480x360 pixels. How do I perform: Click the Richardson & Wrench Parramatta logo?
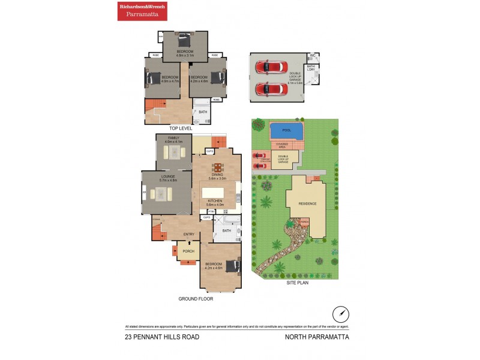(x=142, y=11)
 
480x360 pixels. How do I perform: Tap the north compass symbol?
(x=340, y=314)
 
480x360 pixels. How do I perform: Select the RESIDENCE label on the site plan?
(x=307, y=203)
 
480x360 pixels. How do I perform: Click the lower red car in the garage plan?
(x=271, y=89)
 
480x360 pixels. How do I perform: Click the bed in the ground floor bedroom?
(x=229, y=265)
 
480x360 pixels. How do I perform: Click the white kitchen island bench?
(x=214, y=193)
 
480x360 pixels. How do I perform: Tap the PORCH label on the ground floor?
(x=188, y=251)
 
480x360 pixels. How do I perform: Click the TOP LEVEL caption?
(x=181, y=128)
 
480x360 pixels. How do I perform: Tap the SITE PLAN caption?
(x=298, y=283)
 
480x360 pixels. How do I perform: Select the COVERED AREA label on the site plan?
(x=281, y=145)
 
